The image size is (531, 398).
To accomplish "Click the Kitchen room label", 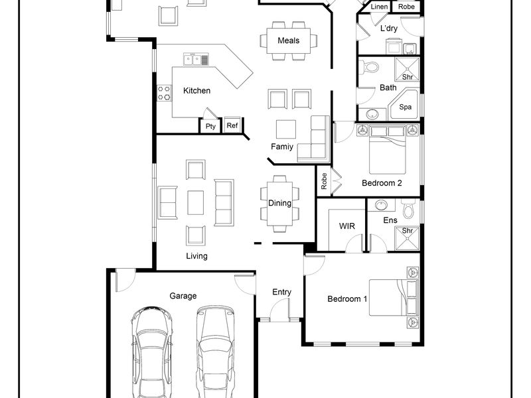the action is [196, 91].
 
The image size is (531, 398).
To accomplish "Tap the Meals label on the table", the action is [289, 40].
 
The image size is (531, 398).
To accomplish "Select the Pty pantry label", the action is [210, 126].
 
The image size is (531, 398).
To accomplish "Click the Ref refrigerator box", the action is [232, 125].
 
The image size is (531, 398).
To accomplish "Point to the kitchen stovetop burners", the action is [164, 94].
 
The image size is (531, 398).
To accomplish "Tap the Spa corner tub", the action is [405, 105].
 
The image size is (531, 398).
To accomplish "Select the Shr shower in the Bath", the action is [408, 70].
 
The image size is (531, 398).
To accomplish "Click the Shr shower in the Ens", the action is [408, 239].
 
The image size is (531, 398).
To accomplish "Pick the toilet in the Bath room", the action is [369, 67].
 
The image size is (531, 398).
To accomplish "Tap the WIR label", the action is [346, 226].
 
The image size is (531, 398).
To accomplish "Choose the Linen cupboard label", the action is [379, 7].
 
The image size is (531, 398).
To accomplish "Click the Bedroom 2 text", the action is [382, 183].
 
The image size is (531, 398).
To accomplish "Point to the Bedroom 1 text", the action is [347, 299].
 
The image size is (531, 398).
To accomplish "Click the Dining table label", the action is [279, 203].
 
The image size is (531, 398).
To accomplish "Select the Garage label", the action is [183, 296].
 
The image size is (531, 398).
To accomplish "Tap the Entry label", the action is [281, 292].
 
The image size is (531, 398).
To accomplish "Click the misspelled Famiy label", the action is [281, 147].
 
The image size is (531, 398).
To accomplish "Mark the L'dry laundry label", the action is [389, 29].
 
